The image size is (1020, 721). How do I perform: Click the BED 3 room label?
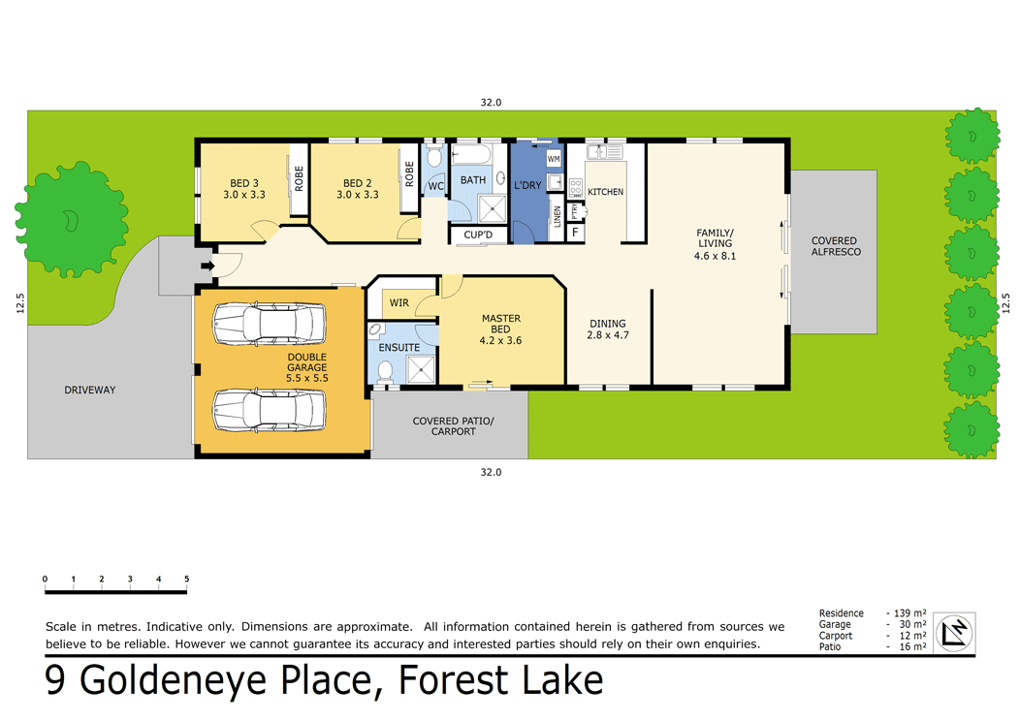pos(244,189)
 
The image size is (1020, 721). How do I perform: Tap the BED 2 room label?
pos(358,189)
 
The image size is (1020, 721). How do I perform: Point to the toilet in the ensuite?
pos(385,369)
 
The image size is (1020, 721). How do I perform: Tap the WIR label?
pos(399,302)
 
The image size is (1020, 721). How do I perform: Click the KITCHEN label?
pos(605,192)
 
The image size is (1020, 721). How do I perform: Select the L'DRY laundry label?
pos(527,184)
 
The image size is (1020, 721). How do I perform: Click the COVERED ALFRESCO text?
pos(835,246)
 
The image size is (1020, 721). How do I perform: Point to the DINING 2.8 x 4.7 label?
pos(607,329)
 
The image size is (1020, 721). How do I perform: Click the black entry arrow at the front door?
pos(207,266)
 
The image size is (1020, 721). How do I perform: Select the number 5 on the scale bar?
pos(186,579)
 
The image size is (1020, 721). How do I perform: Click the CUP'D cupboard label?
pos(478,235)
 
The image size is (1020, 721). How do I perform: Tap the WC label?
pos(436,185)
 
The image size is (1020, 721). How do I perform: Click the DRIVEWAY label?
pos(90,390)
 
